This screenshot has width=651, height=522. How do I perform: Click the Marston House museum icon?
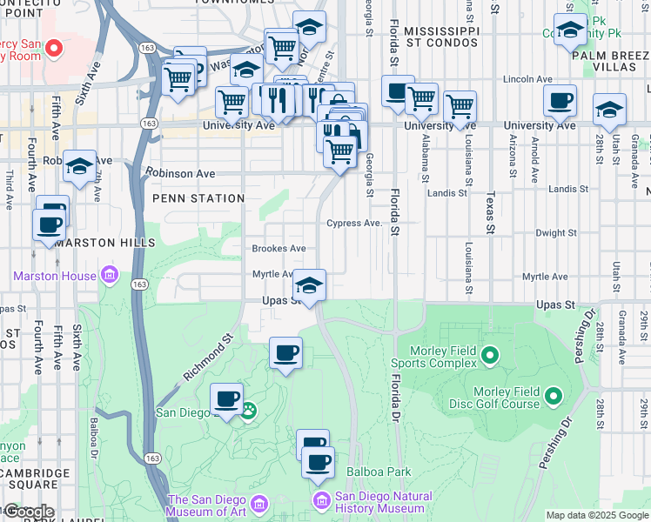click(109, 277)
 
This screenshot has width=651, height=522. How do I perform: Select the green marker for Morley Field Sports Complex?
click(489, 355)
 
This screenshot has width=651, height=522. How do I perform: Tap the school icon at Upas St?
click(309, 284)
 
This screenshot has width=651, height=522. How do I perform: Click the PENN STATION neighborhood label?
click(198, 198)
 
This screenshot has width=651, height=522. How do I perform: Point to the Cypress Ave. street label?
click(354, 224)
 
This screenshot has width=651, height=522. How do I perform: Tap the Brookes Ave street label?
click(279, 249)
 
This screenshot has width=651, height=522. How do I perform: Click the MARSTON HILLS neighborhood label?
click(97, 243)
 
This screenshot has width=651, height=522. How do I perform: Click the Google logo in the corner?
click(29, 512)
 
